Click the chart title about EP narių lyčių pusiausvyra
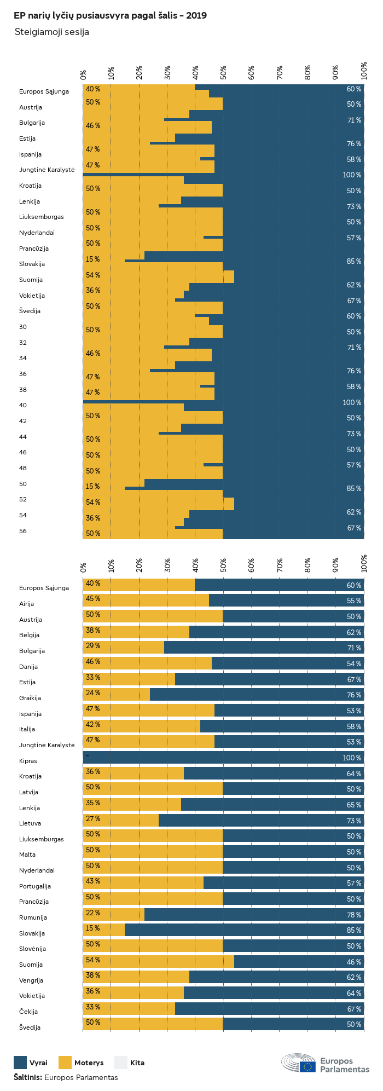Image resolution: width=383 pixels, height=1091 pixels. [x=110, y=16]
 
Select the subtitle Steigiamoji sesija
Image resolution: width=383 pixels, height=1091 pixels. [x=51, y=32]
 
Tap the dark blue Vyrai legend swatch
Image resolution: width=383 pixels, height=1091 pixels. [x=20, y=1063]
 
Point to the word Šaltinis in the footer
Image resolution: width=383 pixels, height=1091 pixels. [x=27, y=1077]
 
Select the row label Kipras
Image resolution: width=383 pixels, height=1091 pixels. [x=28, y=761]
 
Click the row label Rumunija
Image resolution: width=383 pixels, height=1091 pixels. [x=33, y=917]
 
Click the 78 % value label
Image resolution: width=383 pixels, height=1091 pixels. [x=354, y=915]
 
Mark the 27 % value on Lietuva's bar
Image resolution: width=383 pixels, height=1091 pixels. [x=93, y=818]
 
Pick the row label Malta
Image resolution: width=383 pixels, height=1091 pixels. [x=27, y=855]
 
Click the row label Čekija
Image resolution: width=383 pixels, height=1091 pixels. [x=28, y=1012]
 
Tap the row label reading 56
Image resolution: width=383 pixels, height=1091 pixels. [x=22, y=531]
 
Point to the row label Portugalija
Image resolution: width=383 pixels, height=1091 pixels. [x=35, y=886]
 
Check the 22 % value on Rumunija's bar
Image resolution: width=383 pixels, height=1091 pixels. [x=93, y=913]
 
